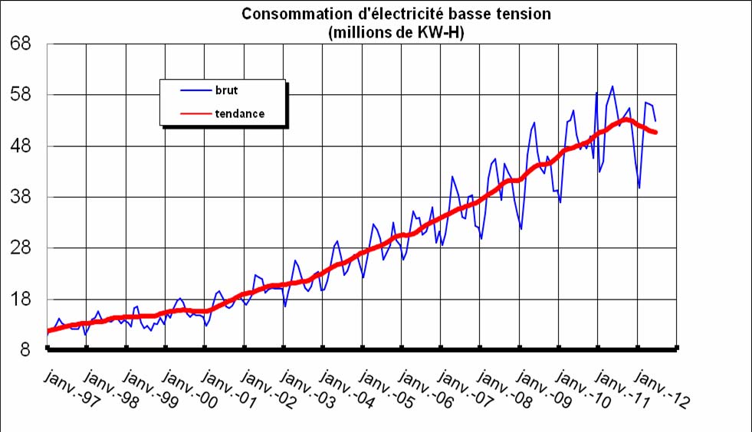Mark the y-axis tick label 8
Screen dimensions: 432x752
click(x=25, y=350)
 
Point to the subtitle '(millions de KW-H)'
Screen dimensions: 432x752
click(x=396, y=32)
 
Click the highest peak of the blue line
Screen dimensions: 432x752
click(x=612, y=86)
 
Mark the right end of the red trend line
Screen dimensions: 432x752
click(x=655, y=133)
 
